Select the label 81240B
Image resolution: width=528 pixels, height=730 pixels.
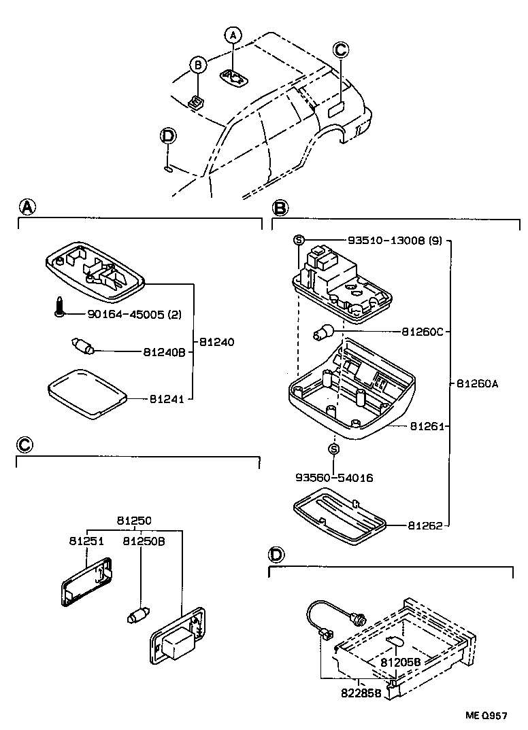point(164,352)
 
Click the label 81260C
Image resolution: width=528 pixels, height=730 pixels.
point(422,332)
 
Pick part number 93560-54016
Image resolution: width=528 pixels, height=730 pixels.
point(333,478)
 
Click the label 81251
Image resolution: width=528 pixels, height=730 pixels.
point(86,541)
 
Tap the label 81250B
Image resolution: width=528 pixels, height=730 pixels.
point(144,541)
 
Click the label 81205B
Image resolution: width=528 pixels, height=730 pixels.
point(401,661)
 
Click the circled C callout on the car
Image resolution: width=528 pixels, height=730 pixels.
point(340,50)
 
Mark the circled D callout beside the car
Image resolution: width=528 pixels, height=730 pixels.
point(167,136)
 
